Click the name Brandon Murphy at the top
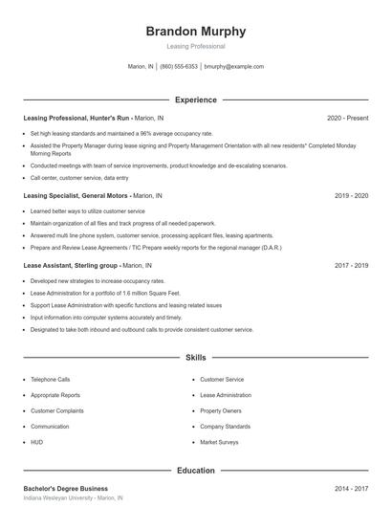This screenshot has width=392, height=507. [x=196, y=31]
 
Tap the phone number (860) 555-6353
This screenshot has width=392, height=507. [x=179, y=67]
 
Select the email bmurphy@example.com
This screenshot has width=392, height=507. [x=235, y=67]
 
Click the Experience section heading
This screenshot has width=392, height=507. [x=196, y=99]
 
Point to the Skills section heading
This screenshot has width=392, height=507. [x=196, y=358]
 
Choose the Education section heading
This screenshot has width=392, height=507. [x=196, y=471]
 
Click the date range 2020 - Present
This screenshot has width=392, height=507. [x=347, y=118]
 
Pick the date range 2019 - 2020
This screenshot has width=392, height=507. [x=351, y=195]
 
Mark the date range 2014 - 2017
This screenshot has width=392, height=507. [x=351, y=489]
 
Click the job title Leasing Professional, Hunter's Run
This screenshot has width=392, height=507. [x=76, y=118]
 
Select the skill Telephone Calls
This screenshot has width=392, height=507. [x=51, y=379]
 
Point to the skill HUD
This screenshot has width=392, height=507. [x=37, y=443]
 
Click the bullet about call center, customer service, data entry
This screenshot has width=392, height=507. [x=79, y=177]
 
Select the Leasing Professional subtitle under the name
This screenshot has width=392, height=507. [x=196, y=46]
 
